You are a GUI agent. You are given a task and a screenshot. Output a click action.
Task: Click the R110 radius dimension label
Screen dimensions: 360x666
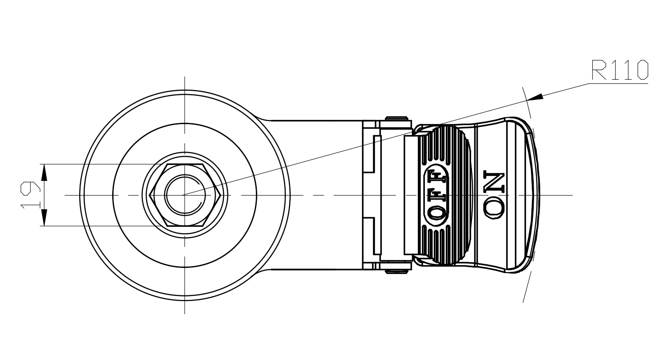tap(620, 70)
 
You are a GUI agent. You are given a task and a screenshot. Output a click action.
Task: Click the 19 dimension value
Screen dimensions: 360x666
tap(30, 195)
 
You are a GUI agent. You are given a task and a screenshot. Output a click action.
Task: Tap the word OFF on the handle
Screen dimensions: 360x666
tap(437, 194)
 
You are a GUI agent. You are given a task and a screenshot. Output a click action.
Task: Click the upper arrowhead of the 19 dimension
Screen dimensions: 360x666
tap(44, 172)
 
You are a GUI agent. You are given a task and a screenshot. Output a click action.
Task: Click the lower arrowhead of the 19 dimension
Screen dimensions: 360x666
tap(44, 218)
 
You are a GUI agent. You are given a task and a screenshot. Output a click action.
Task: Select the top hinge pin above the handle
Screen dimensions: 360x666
tap(396, 118)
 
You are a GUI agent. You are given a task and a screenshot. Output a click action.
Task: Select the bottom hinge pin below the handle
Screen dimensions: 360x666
tap(396, 272)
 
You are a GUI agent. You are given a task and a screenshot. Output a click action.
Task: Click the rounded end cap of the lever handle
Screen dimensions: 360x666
tap(531, 195)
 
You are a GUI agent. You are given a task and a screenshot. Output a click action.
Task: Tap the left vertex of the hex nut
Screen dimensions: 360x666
tap(150, 195)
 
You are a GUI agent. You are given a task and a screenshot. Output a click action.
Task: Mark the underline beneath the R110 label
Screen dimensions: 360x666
tap(618, 83)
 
